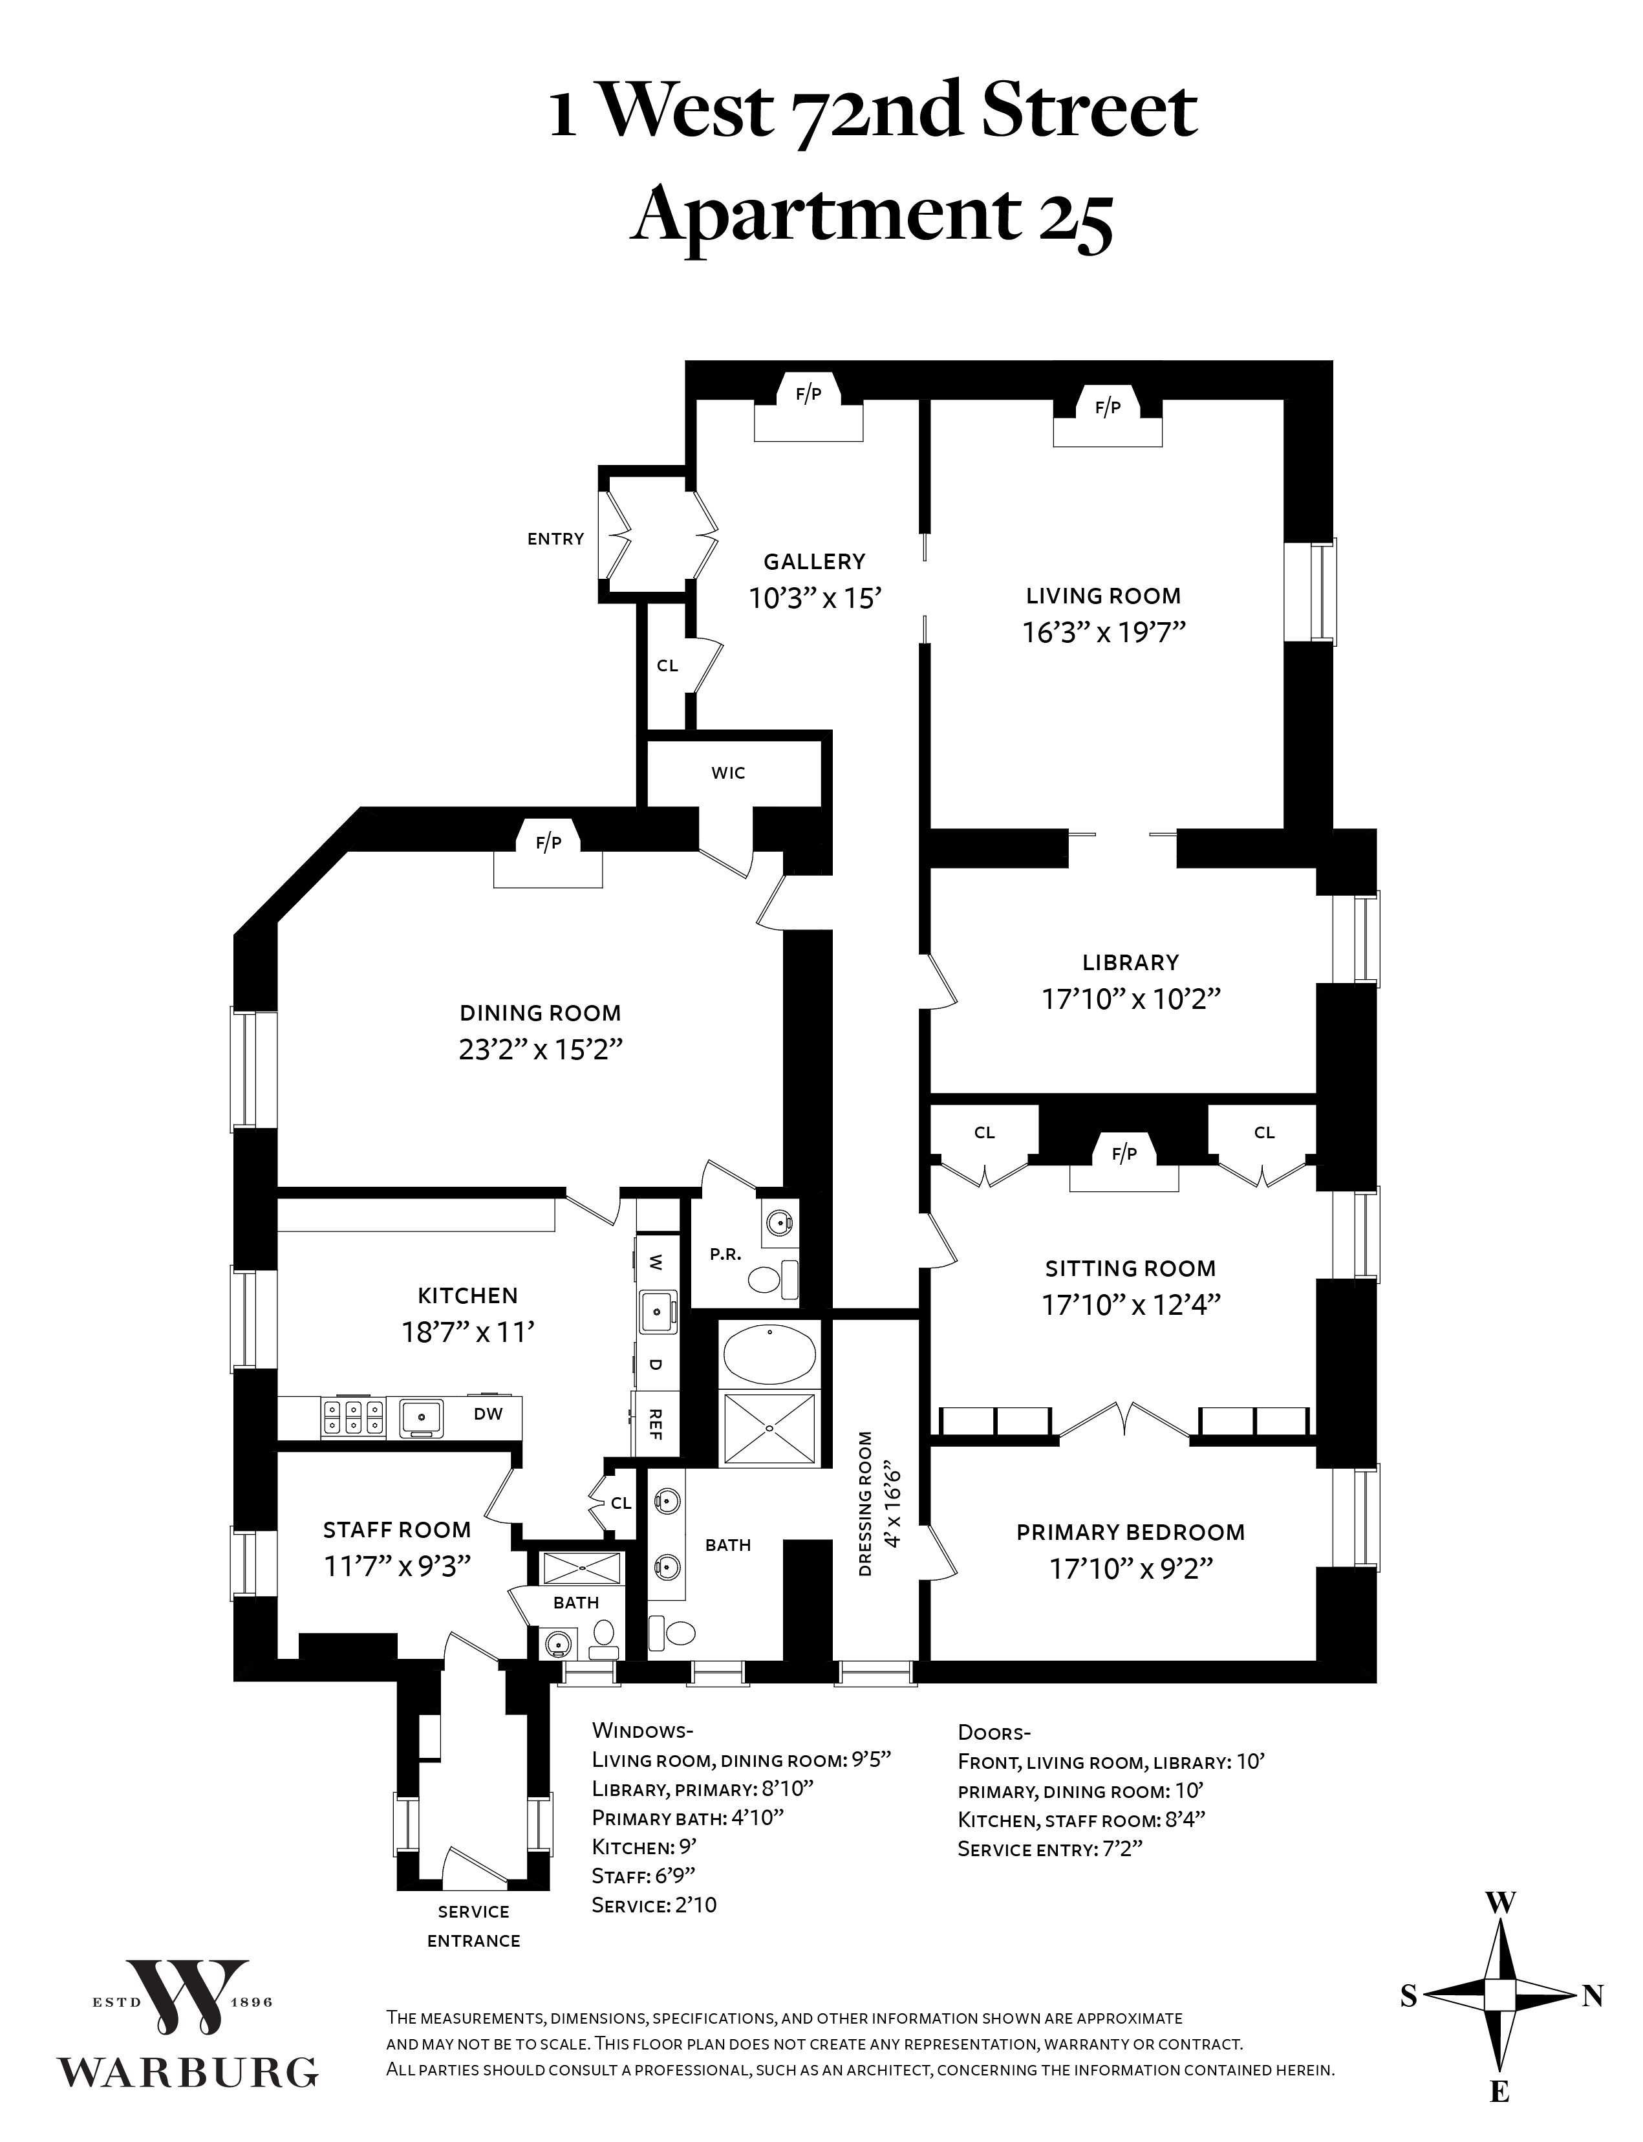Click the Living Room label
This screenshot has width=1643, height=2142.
[x=1103, y=596]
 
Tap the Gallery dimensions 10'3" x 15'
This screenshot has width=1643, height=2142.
[x=815, y=599]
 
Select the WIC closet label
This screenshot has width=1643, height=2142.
[x=729, y=773]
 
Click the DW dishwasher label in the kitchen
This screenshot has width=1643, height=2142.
[x=488, y=1413]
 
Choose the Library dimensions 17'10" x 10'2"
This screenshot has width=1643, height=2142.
[x=1132, y=999]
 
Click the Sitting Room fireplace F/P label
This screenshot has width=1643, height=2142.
[x=1124, y=1154]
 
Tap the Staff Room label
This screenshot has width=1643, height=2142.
[x=397, y=1530]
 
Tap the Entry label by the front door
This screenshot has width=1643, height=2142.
[x=555, y=539]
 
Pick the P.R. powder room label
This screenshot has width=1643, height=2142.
[x=725, y=1255]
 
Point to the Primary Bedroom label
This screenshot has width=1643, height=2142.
[x=1130, y=1533]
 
